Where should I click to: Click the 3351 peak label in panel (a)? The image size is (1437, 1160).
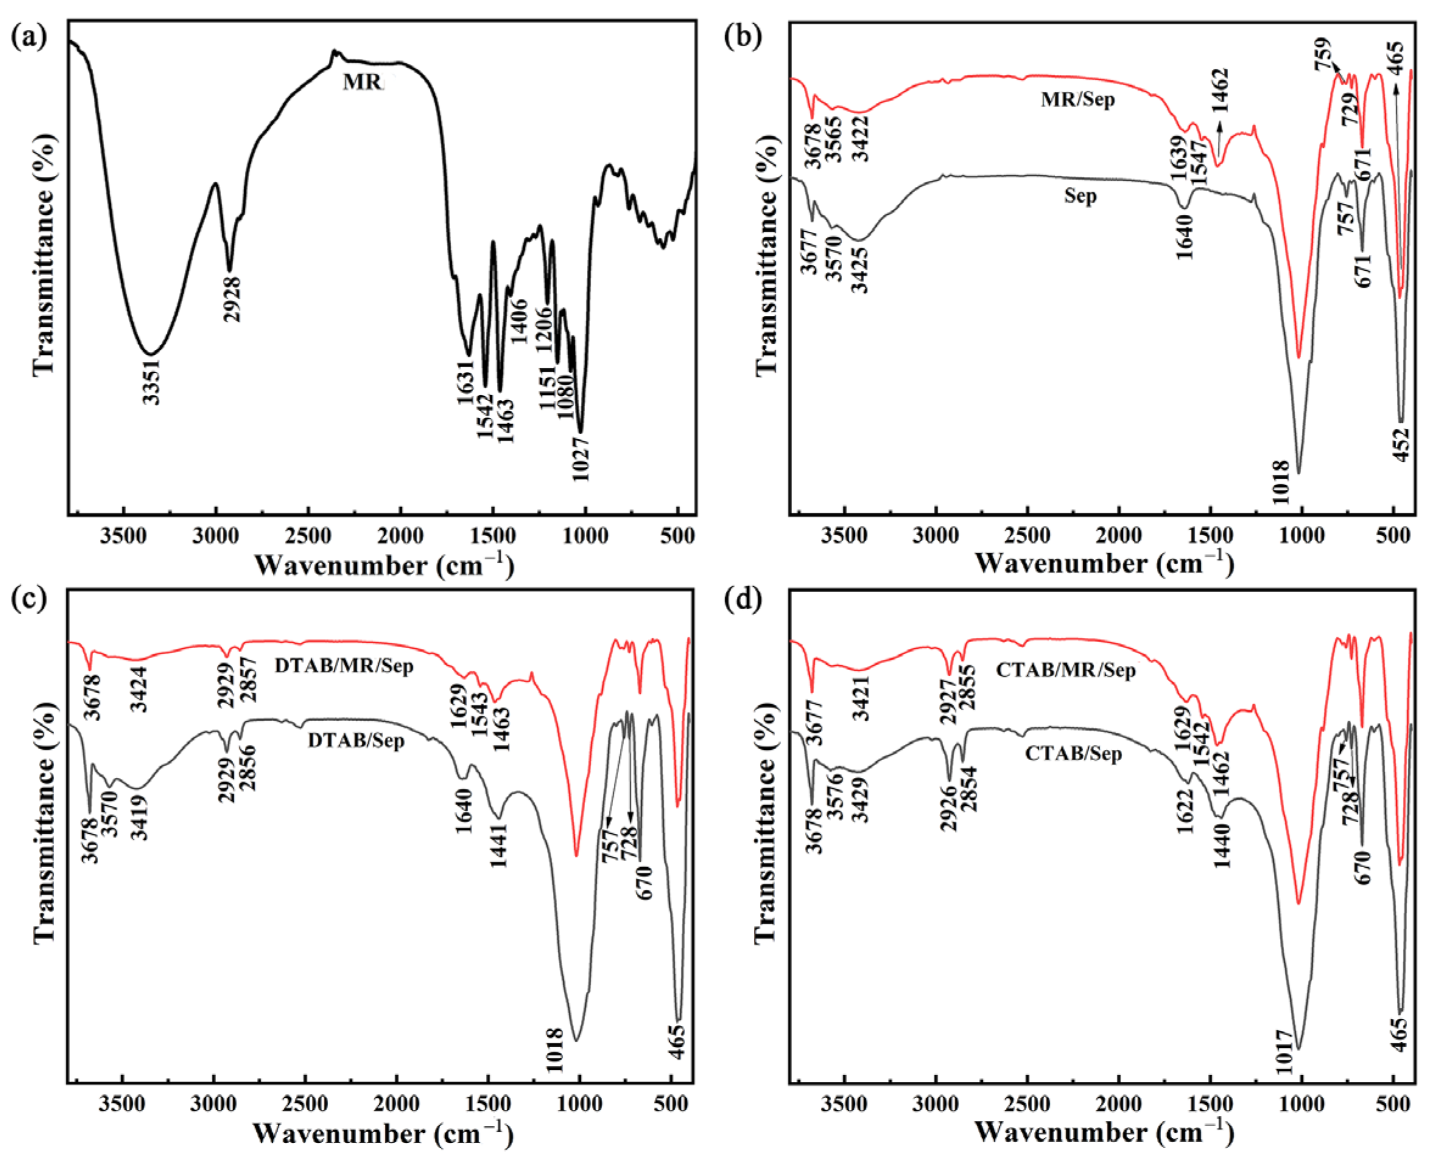click(152, 382)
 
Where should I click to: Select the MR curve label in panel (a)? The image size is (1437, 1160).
click(362, 82)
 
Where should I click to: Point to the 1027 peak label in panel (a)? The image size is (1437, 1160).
click(581, 459)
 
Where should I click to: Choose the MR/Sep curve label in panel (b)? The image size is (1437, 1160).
click(1077, 100)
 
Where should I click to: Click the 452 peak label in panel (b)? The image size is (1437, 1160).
click(1402, 444)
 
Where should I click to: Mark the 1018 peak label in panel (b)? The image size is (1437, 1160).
click(1280, 482)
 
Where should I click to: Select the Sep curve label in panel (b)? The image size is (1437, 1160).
click(1080, 196)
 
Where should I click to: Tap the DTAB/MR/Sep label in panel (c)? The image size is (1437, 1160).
click(343, 666)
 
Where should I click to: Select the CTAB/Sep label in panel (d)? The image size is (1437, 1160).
click(1073, 753)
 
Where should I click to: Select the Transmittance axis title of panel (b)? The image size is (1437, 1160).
click(767, 254)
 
